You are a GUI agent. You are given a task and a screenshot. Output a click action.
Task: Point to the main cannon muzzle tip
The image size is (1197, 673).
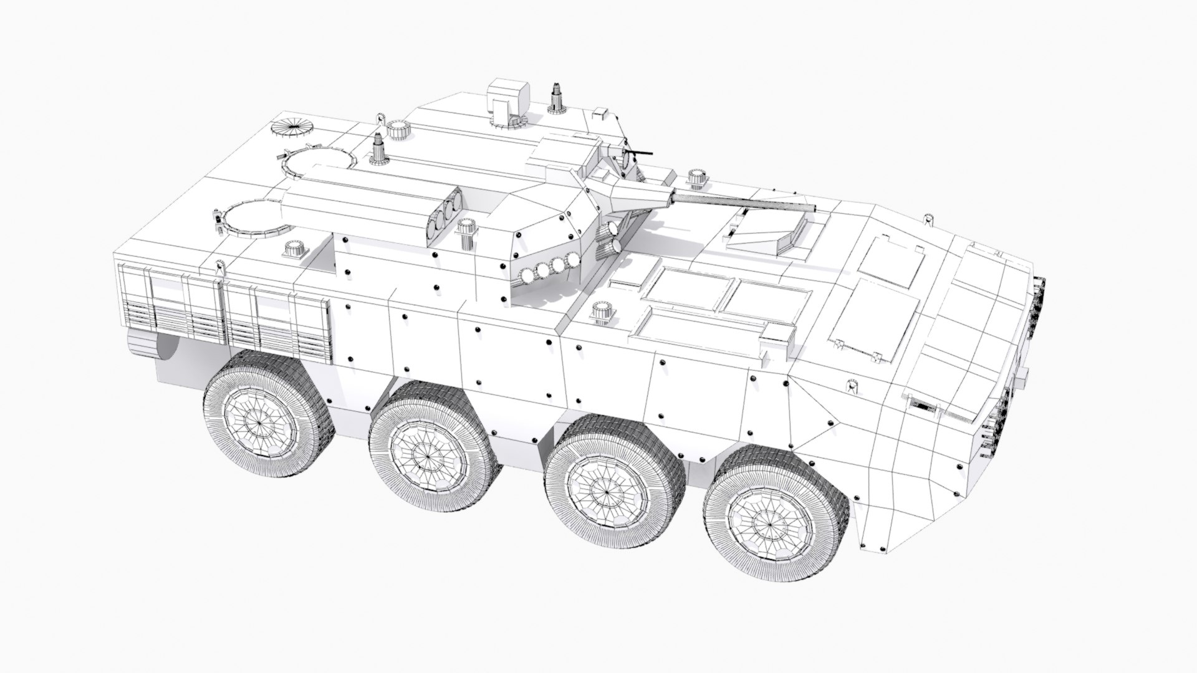(814, 208)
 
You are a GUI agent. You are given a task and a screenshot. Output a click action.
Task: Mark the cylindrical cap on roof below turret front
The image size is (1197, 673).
(601, 312)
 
